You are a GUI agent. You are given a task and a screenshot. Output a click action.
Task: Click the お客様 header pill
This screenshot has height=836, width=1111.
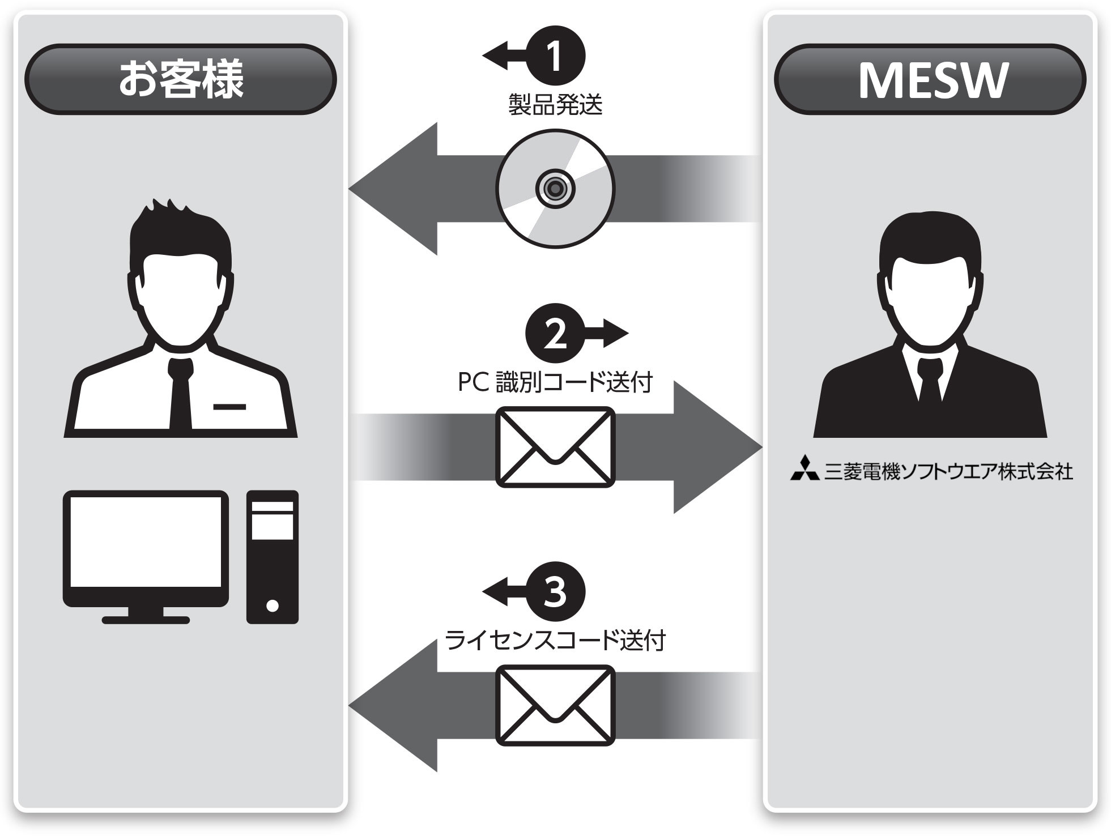point(180,79)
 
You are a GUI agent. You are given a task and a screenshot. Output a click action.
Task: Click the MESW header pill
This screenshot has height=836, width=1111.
point(930,79)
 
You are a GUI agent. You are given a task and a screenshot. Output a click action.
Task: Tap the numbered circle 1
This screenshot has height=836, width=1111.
point(555,56)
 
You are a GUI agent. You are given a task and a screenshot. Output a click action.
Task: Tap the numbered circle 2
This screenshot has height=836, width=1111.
point(555,334)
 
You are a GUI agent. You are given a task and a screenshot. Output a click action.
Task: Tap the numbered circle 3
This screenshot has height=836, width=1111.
point(555,592)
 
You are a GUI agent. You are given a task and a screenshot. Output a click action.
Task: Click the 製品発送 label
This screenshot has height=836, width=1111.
point(555,105)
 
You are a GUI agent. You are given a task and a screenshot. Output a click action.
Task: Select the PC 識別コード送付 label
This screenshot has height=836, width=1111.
point(555,382)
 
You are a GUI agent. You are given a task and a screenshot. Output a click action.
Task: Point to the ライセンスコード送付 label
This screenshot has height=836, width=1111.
point(555,641)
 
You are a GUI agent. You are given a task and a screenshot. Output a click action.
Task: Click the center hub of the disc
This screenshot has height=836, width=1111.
point(555,189)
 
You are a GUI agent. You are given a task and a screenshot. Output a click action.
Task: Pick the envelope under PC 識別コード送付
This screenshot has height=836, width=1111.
point(555,447)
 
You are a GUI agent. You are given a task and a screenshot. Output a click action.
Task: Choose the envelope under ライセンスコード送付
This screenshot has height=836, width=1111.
point(555,705)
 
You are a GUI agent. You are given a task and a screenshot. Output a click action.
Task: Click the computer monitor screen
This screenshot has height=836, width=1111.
point(146,541)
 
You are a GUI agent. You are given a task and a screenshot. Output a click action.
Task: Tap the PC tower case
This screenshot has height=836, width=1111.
point(272,557)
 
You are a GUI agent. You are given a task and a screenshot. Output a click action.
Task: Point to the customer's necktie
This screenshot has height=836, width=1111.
point(180,396)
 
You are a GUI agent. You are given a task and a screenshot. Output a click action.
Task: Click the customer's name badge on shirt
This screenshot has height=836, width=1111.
point(229,407)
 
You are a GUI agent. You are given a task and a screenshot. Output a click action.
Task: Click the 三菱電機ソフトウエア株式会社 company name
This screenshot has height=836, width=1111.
point(948,471)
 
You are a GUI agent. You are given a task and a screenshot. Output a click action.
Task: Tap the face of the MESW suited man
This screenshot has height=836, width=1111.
point(930,295)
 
